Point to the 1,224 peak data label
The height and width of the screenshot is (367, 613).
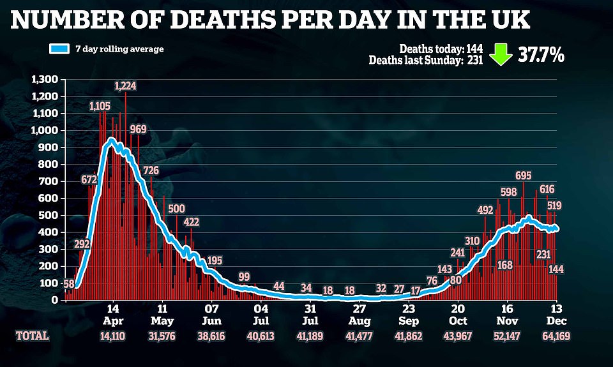125,86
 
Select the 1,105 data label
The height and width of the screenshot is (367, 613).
101,105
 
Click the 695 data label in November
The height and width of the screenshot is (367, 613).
524,176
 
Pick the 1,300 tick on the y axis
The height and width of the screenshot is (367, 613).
45,79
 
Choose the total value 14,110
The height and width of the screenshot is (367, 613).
112,336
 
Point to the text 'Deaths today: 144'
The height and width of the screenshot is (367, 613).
441,49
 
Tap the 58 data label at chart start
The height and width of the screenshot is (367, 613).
70,283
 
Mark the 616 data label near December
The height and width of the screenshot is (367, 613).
547,189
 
